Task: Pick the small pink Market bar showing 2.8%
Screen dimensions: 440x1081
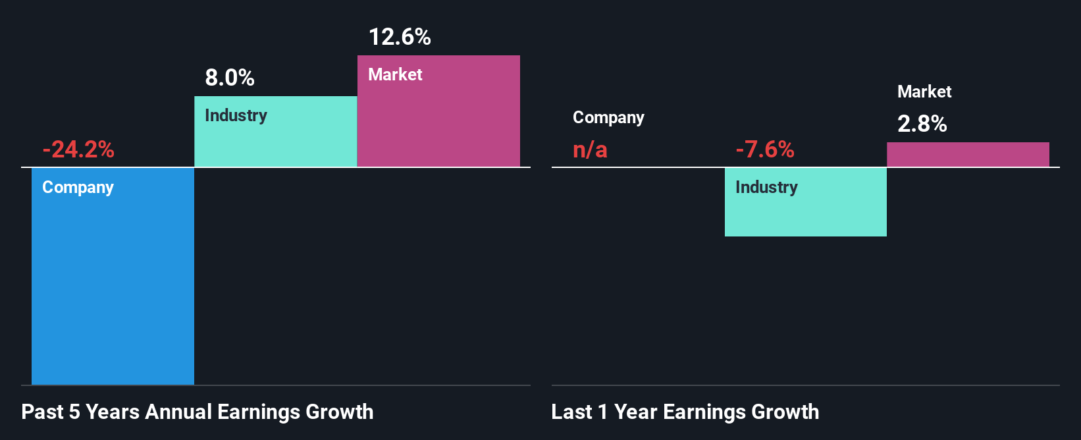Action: (968, 154)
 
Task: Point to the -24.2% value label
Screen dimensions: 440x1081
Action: (78, 150)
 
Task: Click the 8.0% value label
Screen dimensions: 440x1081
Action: (230, 78)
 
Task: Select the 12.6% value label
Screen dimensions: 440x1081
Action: (400, 37)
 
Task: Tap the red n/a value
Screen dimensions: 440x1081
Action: (590, 150)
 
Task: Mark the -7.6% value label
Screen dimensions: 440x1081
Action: (765, 150)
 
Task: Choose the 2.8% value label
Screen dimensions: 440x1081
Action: (922, 124)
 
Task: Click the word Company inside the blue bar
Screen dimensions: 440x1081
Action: (78, 187)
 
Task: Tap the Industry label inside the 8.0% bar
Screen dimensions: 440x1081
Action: (236, 115)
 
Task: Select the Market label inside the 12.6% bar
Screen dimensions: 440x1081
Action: (395, 74)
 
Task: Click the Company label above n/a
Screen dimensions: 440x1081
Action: (608, 117)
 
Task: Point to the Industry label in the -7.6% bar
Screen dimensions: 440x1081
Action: (766, 187)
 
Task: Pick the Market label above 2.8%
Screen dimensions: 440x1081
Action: (924, 92)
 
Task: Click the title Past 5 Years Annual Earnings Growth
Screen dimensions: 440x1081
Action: (198, 412)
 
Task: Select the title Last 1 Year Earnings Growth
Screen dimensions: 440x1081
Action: (685, 412)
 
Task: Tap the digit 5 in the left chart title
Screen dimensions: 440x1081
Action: (74, 412)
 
